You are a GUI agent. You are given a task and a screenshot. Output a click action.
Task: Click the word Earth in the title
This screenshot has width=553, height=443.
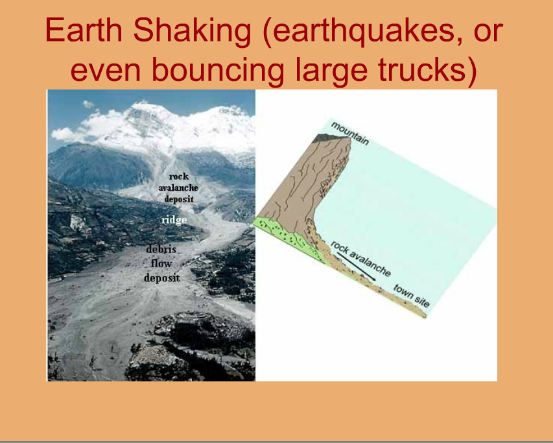pos(84,30)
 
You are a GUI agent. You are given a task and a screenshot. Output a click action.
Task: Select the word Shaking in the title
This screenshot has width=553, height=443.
pos(192,32)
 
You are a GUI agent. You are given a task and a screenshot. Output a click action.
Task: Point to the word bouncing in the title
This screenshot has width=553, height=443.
pos(218,70)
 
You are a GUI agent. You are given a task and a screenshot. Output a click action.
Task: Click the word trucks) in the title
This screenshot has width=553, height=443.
pos(428,70)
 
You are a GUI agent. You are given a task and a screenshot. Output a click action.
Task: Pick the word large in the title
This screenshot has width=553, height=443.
pos(331,71)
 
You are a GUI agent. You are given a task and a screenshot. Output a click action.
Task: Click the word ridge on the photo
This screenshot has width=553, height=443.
pos(174,221)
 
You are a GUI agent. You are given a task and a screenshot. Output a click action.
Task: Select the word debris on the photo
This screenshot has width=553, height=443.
pos(161,249)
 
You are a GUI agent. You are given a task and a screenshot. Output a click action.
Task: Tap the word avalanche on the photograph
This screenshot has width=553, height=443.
pos(178,187)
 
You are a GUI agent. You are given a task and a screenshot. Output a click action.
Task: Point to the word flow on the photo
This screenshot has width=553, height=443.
pos(161,263)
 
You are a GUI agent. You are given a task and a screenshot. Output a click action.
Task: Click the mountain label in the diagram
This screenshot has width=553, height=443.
pos(349,134)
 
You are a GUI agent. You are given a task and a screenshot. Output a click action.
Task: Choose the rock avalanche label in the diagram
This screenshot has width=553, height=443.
pos(360,259)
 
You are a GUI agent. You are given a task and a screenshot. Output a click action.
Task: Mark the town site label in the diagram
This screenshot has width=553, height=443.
pos(411,296)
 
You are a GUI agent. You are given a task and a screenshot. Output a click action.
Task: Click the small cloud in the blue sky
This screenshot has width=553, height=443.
pos(88,104)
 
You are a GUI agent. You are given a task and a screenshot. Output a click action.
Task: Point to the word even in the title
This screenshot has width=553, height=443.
pos(106,70)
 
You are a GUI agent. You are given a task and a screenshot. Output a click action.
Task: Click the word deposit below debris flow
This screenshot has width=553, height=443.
pos(162,278)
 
